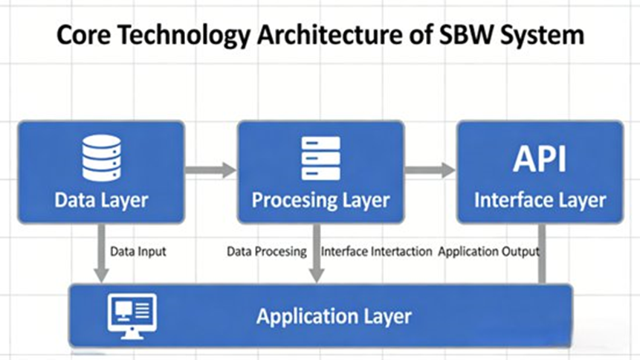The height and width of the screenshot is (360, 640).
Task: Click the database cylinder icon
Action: point(101,158)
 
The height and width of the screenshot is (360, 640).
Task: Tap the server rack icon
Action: point(320,158)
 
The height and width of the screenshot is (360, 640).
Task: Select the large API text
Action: point(540,159)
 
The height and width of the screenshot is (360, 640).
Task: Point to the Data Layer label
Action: point(101,200)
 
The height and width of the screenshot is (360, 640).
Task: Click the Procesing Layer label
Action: point(320,200)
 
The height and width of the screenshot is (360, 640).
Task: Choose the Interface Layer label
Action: point(540,200)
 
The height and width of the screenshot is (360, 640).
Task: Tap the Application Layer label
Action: point(334,316)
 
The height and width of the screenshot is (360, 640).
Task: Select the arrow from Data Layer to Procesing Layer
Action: point(210,170)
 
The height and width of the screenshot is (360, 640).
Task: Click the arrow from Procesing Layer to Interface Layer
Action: point(430,170)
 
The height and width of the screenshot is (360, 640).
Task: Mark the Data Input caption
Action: point(138,251)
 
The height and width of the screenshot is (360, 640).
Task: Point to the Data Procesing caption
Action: point(267,251)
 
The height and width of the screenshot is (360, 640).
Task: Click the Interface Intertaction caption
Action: point(376,251)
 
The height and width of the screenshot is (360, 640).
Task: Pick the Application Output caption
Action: point(489,251)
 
